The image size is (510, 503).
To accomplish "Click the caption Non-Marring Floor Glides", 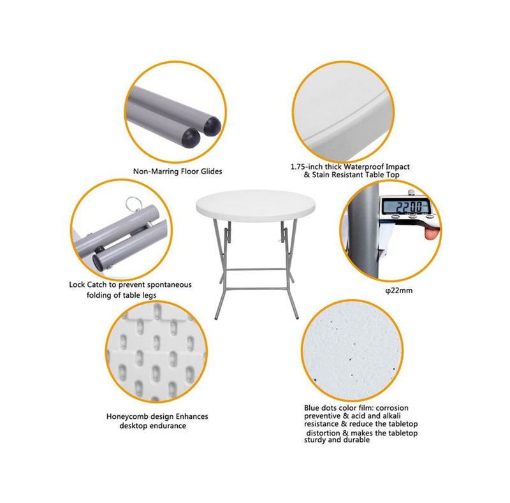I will (178, 171).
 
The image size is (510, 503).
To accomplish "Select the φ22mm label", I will (398, 290).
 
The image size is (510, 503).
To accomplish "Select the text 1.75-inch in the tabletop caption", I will (308, 166).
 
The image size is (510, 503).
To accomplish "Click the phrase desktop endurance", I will (153, 425).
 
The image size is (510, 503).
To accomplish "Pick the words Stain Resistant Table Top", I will (354, 174).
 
